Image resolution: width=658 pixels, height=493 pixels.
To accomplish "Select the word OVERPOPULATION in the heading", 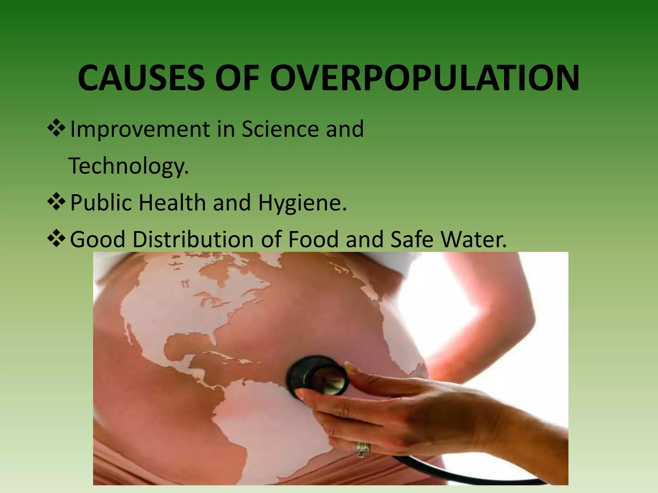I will [x=425, y=78].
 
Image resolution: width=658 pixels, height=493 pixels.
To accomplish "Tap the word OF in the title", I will [x=237, y=78].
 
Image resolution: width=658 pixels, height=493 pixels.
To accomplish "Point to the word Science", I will [x=280, y=129].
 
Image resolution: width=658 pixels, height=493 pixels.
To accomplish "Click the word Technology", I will [x=129, y=166].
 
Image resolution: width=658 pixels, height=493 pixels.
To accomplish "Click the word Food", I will [x=313, y=240].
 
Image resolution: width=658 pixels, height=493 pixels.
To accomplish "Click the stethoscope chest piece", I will [x=318, y=377].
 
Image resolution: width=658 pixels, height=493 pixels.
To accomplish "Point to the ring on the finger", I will [x=363, y=448].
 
